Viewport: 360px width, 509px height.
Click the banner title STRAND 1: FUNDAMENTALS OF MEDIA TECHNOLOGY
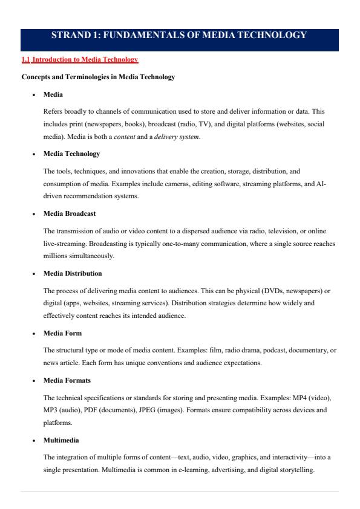180,35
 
